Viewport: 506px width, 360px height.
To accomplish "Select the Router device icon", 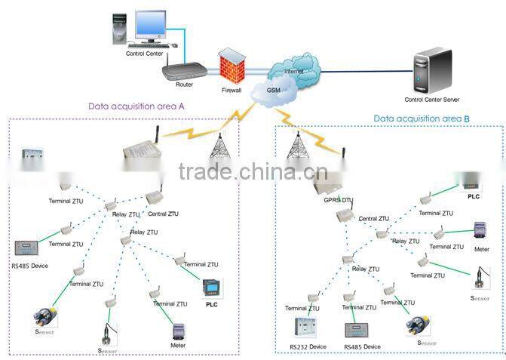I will (182, 70).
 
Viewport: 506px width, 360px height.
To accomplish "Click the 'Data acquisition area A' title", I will (136, 106).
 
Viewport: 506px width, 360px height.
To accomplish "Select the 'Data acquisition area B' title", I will (422, 118).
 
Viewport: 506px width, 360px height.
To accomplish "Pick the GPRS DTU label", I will (338, 202).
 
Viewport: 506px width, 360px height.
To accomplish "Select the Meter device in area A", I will (179, 332).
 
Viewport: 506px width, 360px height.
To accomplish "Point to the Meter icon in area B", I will (480, 230).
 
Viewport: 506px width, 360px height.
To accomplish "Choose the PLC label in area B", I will (473, 196).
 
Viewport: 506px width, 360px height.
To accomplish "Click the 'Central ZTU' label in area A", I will (163, 214).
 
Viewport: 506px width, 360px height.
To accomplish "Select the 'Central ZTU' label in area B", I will (373, 219).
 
